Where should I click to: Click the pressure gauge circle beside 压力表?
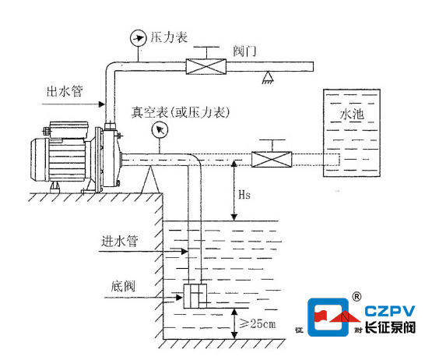(x=139, y=38)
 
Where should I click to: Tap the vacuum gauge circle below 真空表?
(x=160, y=130)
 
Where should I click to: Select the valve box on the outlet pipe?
(x=206, y=66)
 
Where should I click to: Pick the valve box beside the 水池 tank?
(x=272, y=160)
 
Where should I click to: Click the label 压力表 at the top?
(x=169, y=37)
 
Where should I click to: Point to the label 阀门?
(x=244, y=51)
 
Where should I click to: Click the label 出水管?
(x=65, y=91)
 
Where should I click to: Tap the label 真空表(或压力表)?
(x=181, y=112)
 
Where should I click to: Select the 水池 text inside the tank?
(x=352, y=115)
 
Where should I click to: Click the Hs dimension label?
(x=244, y=195)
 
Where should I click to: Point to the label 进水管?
(x=120, y=241)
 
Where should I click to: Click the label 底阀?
(x=123, y=286)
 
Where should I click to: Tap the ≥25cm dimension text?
(x=258, y=323)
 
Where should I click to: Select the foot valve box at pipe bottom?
(x=195, y=296)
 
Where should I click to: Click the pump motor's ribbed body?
(x=67, y=160)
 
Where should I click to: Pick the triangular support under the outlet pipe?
(x=268, y=77)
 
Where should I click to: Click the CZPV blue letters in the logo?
(x=390, y=311)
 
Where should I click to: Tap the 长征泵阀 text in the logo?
(x=390, y=327)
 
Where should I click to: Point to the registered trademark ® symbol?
(x=357, y=297)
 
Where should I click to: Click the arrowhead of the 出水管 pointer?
(x=102, y=104)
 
